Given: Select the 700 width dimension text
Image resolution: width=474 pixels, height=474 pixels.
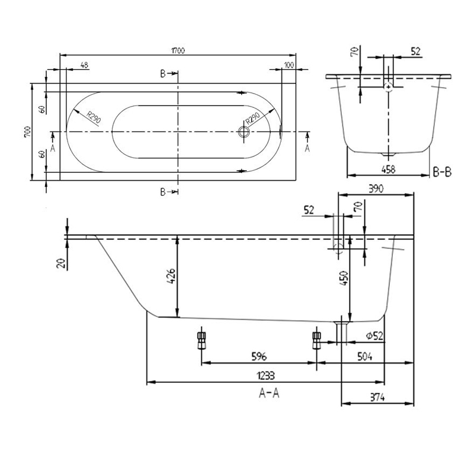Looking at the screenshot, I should pos(27,132).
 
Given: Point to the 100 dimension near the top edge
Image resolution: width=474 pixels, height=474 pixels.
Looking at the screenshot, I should pos(289,66).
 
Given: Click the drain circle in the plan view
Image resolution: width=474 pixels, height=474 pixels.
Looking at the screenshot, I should pos(243,132).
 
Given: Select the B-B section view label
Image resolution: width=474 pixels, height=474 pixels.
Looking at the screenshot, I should pos(443,173).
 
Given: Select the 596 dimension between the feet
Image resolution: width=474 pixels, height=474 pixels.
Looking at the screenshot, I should pos(258,356).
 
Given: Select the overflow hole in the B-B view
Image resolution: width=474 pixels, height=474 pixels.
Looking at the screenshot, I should pos(387,87).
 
